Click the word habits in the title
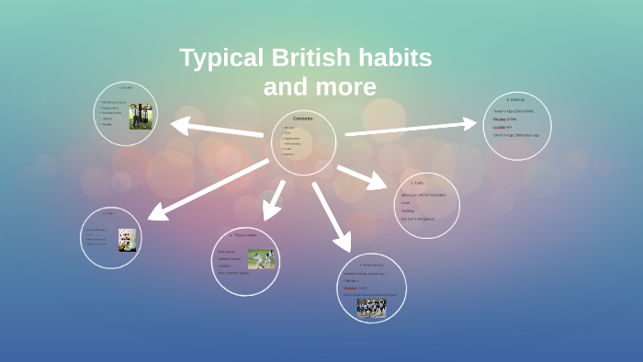(394, 58)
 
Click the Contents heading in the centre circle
(302, 119)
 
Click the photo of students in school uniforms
(141, 116)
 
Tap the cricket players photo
(261, 260)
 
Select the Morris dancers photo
(371, 307)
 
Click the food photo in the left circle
(127, 240)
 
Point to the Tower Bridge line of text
(513, 111)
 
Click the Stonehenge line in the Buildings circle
(516, 134)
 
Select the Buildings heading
(516, 99)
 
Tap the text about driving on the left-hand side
(423, 195)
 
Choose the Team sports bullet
(226, 251)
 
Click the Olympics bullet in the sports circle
(224, 266)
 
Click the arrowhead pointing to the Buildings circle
(470, 123)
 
